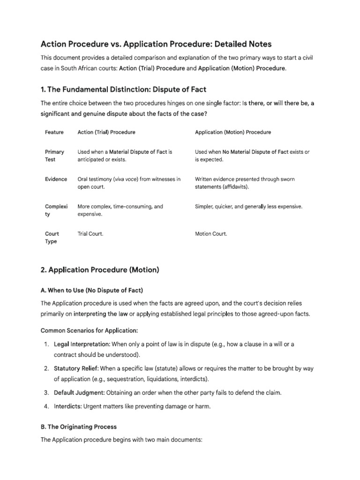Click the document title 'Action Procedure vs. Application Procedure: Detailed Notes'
point(156,44)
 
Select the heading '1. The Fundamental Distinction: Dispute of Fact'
point(123,89)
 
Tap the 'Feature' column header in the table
point(54,132)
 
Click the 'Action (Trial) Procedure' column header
point(106,132)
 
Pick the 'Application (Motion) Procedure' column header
point(233,132)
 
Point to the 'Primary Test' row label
point(54,156)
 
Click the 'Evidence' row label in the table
point(56,179)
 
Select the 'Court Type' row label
point(52,238)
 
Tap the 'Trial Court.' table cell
point(90,234)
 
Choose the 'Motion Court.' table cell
point(211,234)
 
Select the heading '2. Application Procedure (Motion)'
point(100,270)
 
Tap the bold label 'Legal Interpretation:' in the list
point(82,344)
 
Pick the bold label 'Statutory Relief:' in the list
point(76,368)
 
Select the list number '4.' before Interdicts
point(46,406)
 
